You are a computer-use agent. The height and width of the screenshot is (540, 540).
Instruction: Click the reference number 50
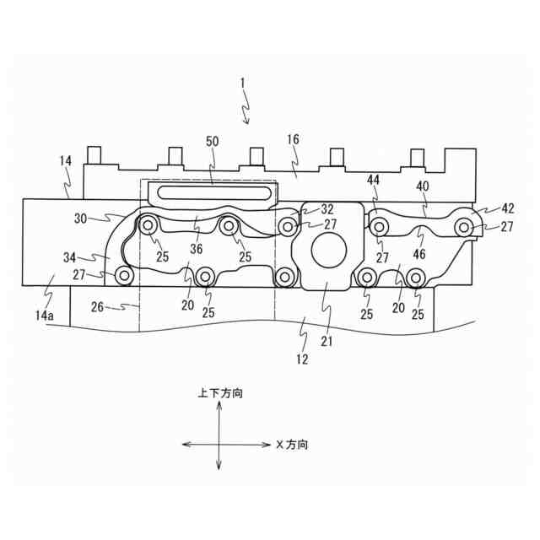pyautogui.click(x=212, y=142)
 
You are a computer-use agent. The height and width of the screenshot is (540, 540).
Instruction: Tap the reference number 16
pyautogui.click(x=293, y=139)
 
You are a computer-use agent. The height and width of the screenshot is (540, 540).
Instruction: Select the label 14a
pyautogui.click(x=45, y=315)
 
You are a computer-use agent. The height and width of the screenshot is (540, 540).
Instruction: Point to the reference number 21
pyautogui.click(x=327, y=341)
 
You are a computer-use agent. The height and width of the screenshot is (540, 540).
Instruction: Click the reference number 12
pyautogui.click(x=302, y=359)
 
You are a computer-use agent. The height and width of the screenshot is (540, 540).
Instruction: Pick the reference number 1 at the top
pyautogui.click(x=242, y=83)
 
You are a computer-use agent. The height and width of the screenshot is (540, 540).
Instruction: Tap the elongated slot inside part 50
pyautogui.click(x=213, y=192)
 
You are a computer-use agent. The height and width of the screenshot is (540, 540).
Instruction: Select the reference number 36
pyautogui.click(x=197, y=249)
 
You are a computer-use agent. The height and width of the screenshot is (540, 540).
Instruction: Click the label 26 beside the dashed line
pyautogui.click(x=98, y=307)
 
